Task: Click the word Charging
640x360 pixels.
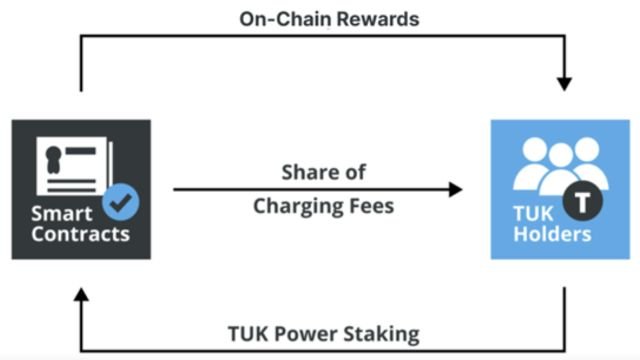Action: (298, 207)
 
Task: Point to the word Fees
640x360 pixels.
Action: (370, 207)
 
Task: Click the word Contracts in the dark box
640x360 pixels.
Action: (80, 234)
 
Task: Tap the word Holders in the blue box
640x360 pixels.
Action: (558, 235)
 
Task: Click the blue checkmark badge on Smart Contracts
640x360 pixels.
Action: (121, 203)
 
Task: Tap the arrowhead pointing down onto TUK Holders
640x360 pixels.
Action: (565, 83)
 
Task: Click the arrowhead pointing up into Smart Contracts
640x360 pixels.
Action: (80, 297)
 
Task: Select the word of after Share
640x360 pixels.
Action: (354, 172)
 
